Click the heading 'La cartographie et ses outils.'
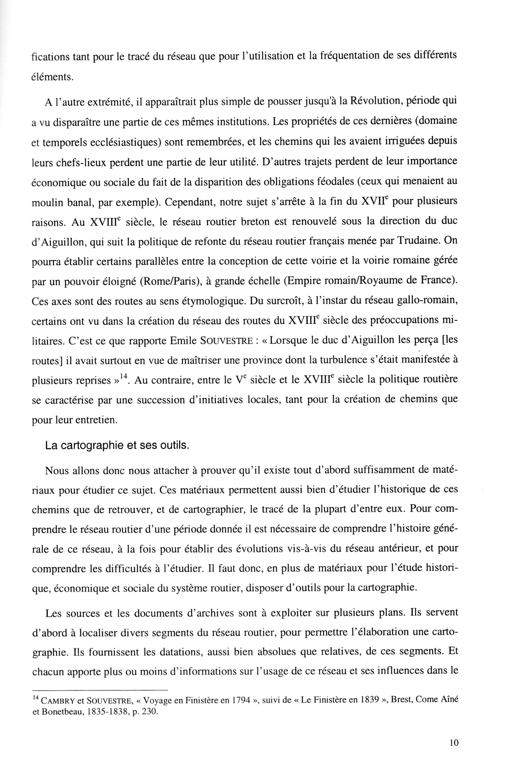point(117,446)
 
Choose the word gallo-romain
point(425,301)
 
